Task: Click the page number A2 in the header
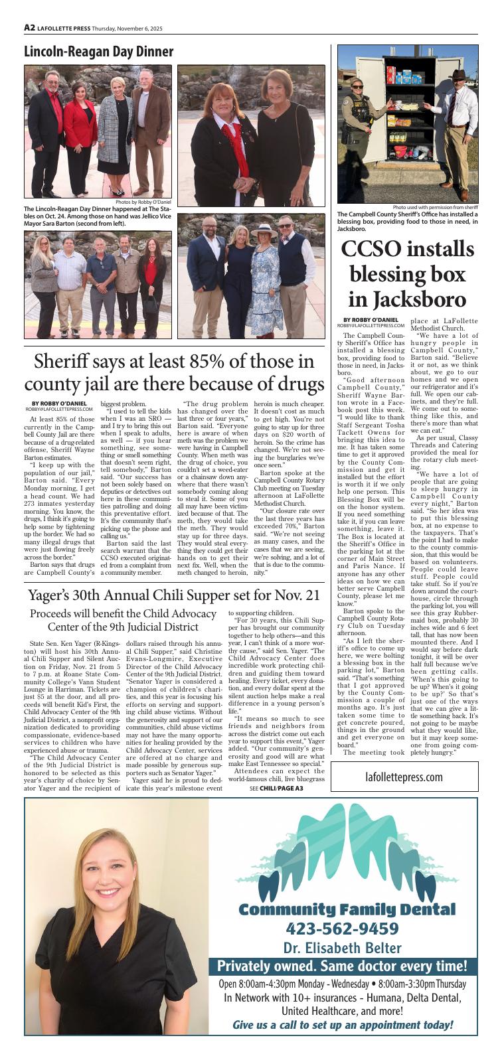coord(29,28)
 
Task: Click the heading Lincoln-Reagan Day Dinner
coord(98,52)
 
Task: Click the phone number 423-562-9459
coord(342,927)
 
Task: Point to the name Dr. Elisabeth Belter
coord(342,947)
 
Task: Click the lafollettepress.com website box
coord(404,777)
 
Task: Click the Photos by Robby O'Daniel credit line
coord(143,202)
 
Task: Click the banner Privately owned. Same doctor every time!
coord(342,966)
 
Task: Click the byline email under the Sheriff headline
coord(59,410)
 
